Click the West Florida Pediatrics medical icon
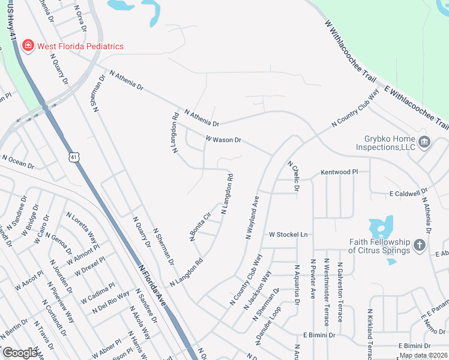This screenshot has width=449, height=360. [27, 46]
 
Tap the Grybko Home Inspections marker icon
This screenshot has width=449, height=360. [424, 142]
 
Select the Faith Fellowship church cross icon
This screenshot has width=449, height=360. [419, 246]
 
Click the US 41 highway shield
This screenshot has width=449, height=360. [73, 157]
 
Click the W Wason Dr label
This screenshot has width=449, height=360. [223, 139]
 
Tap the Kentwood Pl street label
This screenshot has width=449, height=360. [339, 172]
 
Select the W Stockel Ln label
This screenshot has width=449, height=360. [288, 234]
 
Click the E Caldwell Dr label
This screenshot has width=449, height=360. [408, 194]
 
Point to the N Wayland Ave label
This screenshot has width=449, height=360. [252, 217]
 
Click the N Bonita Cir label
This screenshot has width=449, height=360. [201, 227]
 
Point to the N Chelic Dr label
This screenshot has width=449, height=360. [294, 176]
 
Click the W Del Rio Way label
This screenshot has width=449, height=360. [110, 302]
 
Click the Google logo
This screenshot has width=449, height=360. [20, 353]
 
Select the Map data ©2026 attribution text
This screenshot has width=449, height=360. [423, 355]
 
